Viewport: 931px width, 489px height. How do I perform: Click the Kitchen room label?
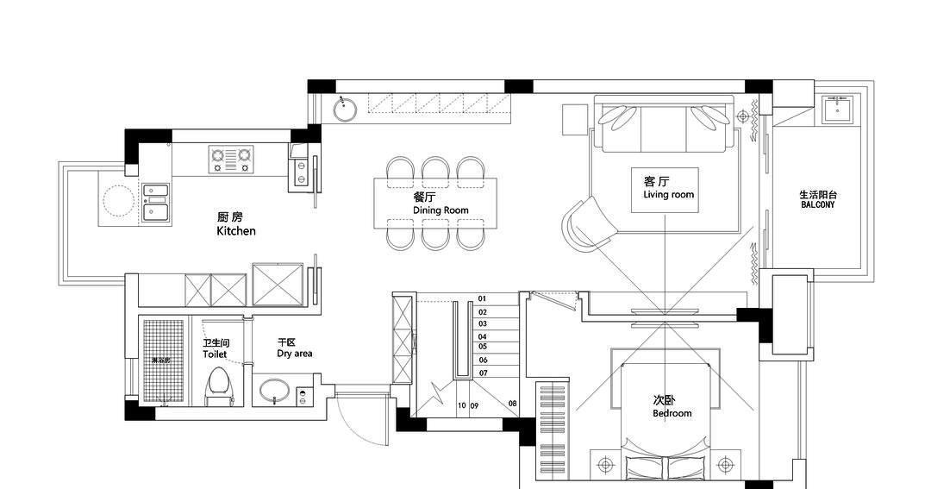click(x=235, y=225)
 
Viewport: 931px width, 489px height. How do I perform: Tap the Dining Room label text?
click(x=440, y=204)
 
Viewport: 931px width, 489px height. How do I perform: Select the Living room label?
click(x=668, y=188)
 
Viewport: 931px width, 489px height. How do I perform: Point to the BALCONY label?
click(x=817, y=200)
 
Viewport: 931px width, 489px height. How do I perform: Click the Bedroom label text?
click(x=672, y=407)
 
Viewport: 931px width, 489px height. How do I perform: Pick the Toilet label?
click(x=215, y=348)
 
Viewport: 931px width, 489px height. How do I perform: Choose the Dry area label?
click(x=294, y=348)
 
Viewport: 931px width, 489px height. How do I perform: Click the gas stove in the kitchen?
click(x=232, y=158)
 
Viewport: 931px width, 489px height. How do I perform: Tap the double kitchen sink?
click(x=156, y=203)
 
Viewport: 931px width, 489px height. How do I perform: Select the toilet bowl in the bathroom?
click(x=218, y=386)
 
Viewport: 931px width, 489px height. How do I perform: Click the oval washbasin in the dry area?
click(x=275, y=391)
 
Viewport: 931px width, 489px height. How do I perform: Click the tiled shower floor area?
click(x=164, y=360)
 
